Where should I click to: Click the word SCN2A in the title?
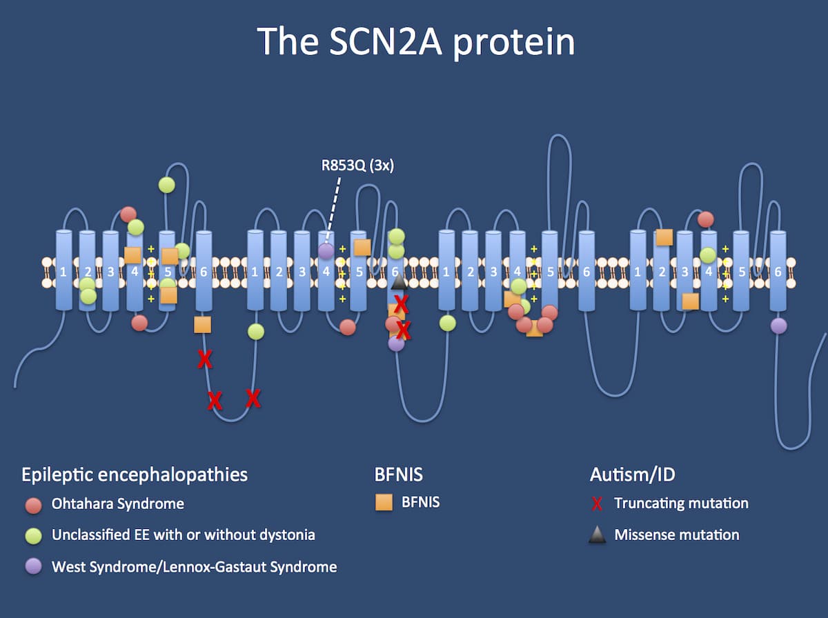(386, 41)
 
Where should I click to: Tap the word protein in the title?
(514, 42)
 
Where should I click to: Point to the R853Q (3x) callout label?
(357, 166)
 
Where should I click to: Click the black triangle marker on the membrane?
(399, 282)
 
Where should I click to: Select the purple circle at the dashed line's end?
(326, 251)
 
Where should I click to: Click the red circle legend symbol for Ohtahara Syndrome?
(34, 506)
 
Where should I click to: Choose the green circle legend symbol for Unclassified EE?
(34, 536)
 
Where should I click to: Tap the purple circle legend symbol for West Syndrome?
(34, 566)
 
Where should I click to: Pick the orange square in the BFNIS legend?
(384, 503)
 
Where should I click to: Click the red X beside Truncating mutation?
(597, 504)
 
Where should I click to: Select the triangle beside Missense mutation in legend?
(598, 535)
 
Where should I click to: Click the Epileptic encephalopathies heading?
(135, 475)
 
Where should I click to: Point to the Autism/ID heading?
(633, 475)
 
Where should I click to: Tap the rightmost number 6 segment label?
(778, 272)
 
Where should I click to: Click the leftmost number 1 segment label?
(63, 272)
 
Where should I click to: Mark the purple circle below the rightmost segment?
(778, 326)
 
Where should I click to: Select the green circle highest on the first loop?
(167, 185)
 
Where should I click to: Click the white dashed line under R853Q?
(333, 208)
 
